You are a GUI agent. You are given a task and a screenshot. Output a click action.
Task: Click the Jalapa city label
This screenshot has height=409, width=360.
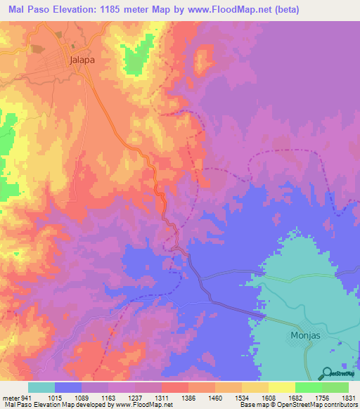pos(82,60)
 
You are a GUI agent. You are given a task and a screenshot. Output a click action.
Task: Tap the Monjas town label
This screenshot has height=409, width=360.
pos(306,335)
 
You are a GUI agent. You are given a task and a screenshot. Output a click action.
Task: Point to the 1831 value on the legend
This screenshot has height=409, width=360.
pos(347,396)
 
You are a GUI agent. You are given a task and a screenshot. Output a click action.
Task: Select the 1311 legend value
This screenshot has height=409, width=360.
pos(162,396)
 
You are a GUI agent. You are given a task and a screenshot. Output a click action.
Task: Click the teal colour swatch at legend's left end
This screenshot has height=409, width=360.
pos(41,387)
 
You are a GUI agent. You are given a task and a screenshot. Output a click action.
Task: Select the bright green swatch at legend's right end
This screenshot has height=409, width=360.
pos(335,387)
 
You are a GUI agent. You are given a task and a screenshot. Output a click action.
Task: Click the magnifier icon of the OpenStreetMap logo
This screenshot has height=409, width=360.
pos(326,372)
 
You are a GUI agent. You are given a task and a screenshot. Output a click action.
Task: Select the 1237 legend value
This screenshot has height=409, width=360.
pos(135,396)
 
